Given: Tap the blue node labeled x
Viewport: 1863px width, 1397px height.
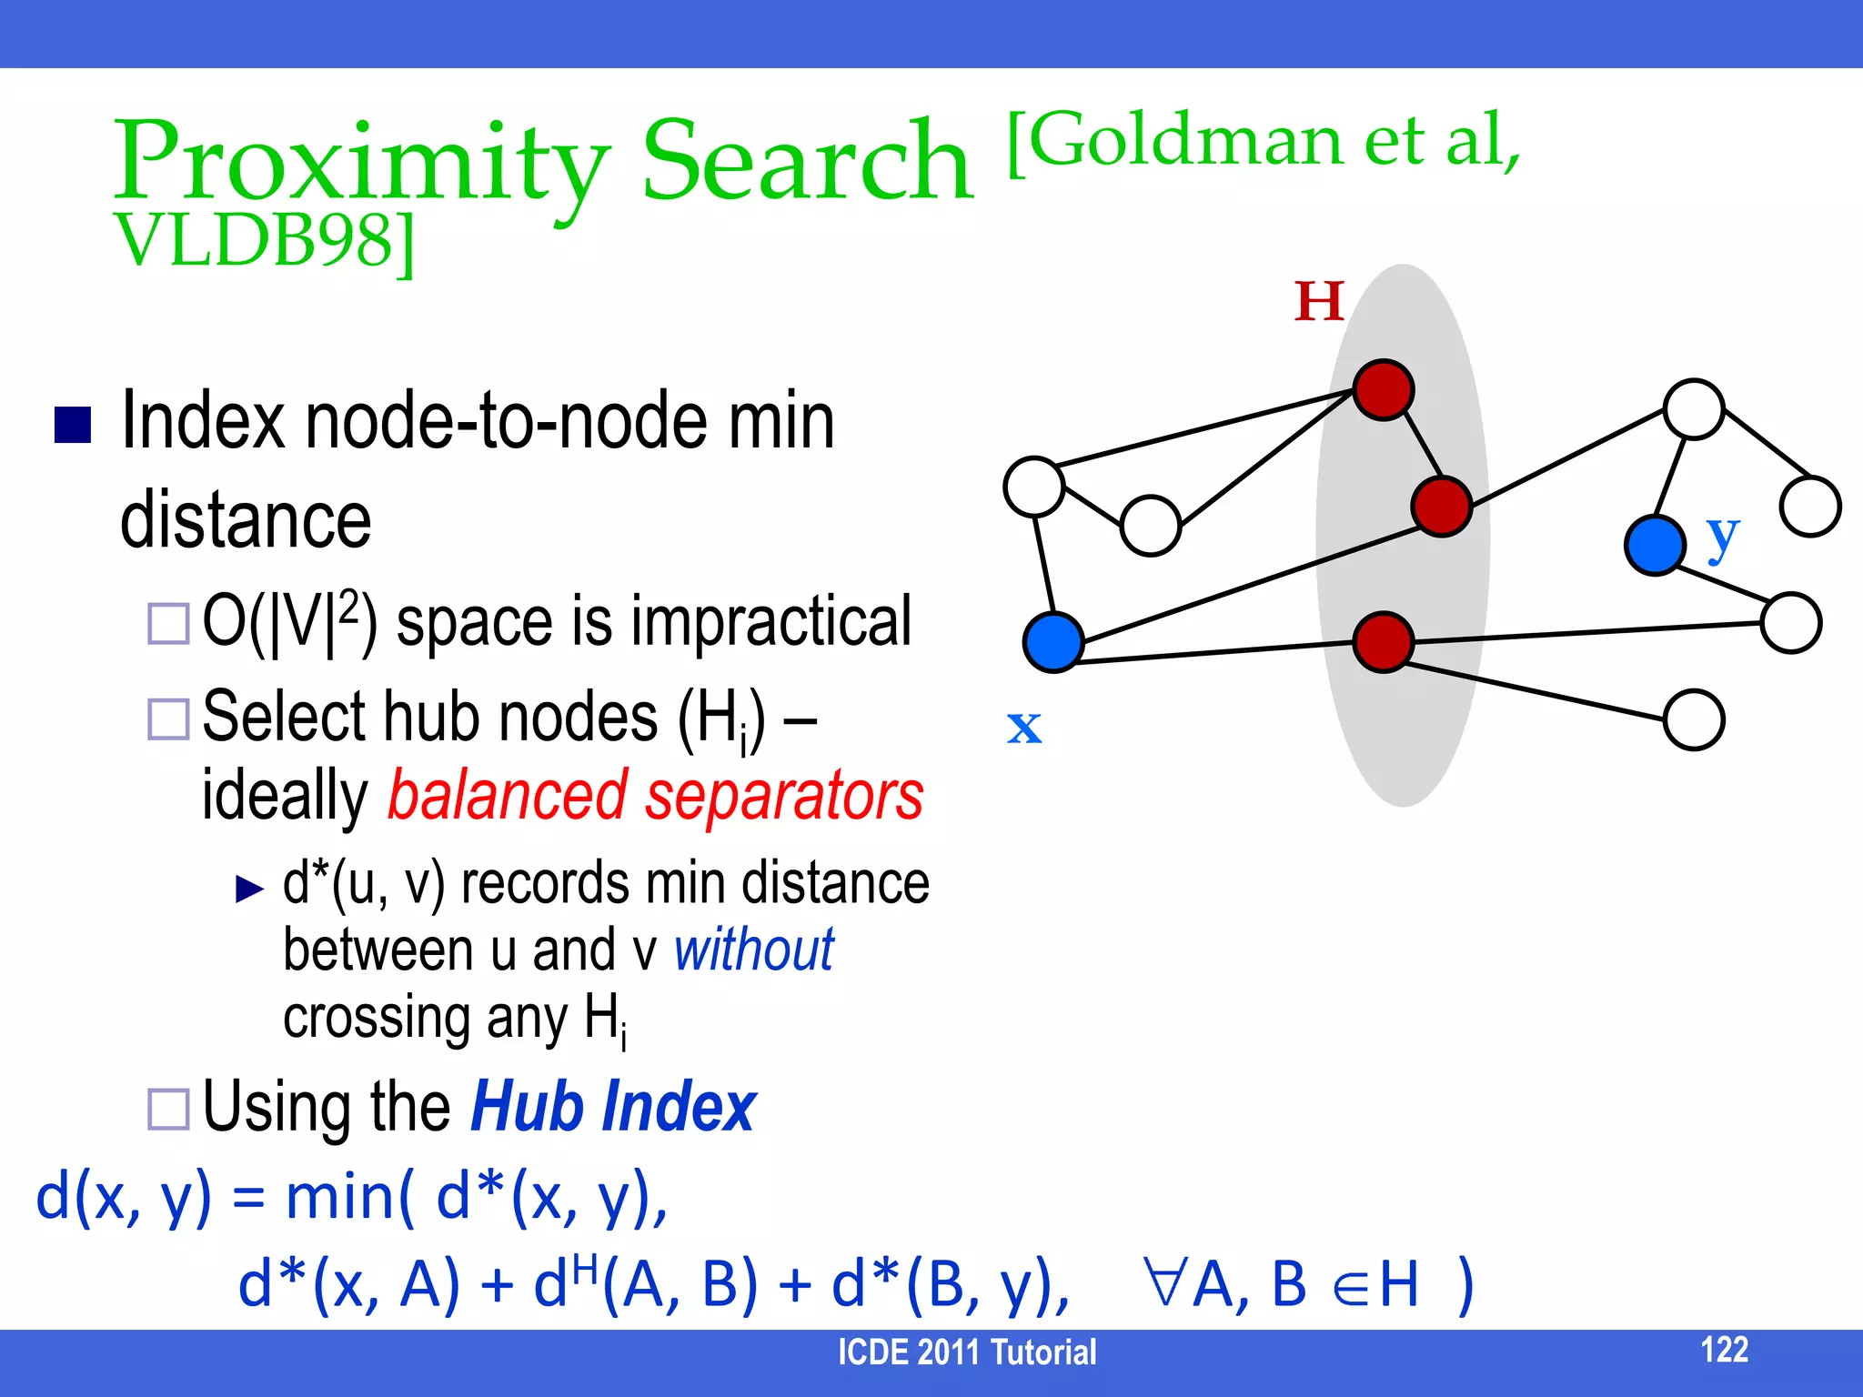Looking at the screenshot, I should (x=1052, y=642).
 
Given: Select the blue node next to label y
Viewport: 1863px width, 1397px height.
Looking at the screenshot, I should (x=1654, y=545).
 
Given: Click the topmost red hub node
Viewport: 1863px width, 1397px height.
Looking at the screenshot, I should (x=1383, y=390).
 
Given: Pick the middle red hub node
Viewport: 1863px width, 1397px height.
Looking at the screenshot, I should (x=1441, y=506).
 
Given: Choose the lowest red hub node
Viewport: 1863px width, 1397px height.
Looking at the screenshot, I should (x=1383, y=642).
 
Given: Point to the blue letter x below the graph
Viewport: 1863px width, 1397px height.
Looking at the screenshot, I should (x=1024, y=727).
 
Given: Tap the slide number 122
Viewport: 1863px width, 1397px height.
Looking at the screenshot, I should (x=1724, y=1349).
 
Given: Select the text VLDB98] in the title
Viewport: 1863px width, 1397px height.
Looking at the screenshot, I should (x=264, y=242).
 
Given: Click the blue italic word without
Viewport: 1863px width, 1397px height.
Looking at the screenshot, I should (x=753, y=950).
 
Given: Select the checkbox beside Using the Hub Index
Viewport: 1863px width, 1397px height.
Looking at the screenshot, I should (x=168, y=1109).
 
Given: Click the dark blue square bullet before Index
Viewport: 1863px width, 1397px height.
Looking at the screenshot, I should (x=73, y=425).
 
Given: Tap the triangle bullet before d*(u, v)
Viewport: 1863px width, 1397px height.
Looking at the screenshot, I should (x=248, y=889).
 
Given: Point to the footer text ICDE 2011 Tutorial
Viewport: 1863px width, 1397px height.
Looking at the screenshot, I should (x=966, y=1352).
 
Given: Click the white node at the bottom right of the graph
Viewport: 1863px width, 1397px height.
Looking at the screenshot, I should (x=1693, y=719).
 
